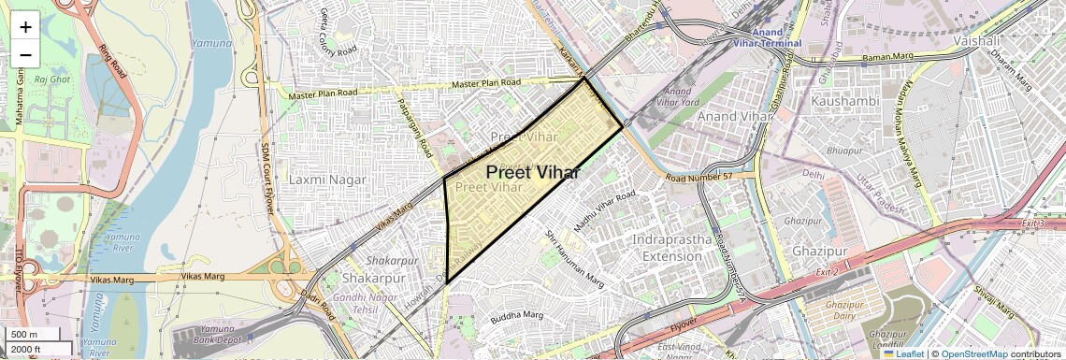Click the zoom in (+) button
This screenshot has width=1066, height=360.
click(x=25, y=27)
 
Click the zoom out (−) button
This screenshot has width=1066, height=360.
click(x=25, y=55)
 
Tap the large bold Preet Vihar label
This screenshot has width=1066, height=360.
click(x=533, y=173)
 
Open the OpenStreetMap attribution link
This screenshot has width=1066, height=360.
click(x=973, y=353)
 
